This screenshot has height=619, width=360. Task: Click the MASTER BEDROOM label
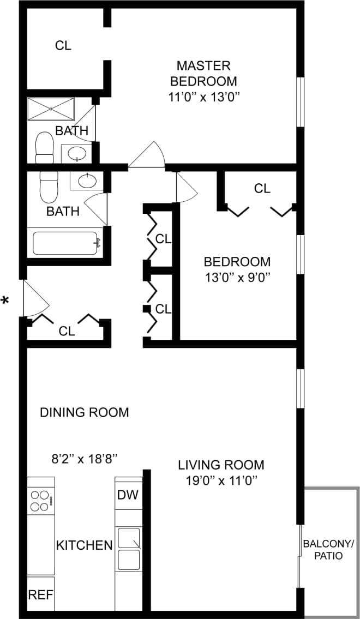[203, 74]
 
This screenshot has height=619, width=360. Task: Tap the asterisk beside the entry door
[6, 301]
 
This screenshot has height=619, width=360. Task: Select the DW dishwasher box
[128, 496]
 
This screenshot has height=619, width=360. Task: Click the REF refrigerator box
[41, 594]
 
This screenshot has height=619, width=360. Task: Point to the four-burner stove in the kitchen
[40, 501]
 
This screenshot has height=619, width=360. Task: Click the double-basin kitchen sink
[129, 548]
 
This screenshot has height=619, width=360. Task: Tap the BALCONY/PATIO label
[328, 550]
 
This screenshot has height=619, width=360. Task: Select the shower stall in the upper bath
[51, 109]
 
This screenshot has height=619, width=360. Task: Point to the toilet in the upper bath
[44, 147]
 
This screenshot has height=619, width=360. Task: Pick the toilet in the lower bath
[49, 187]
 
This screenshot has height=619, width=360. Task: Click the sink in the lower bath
[87, 181]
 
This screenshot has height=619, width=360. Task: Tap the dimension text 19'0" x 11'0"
[221, 480]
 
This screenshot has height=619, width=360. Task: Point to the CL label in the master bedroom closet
[63, 46]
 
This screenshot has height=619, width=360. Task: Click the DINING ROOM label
[85, 412]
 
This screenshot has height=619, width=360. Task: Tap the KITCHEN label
[85, 545]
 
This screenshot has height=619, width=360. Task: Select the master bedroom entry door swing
[147, 155]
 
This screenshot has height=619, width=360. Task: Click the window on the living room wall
[299, 388]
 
